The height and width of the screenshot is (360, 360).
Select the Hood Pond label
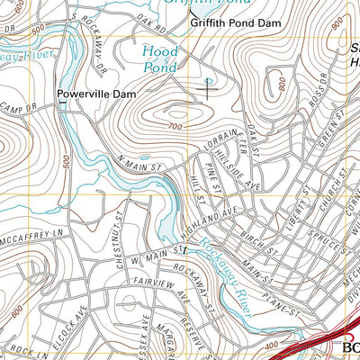[161, 58]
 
